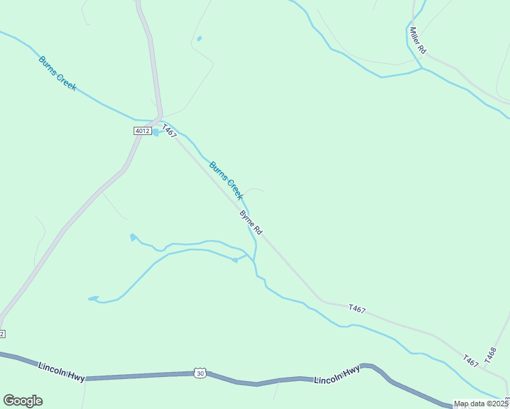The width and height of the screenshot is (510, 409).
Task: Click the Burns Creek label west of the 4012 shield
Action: [x=57, y=73]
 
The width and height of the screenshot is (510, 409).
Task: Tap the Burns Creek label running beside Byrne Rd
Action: [x=226, y=180]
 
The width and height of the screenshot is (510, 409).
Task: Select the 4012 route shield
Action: [x=142, y=131]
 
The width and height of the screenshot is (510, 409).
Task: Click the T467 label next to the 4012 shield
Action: [x=169, y=131]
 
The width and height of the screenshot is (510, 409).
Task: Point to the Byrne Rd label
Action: [x=250, y=223]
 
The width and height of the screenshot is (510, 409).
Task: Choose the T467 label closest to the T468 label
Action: [x=470, y=361]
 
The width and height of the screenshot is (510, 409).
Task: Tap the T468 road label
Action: [x=492, y=354]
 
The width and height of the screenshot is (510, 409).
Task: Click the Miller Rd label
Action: [x=417, y=41]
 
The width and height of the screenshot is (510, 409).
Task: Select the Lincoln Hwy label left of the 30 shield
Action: [x=61, y=372]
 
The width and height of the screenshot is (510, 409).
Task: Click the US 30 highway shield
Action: [x=199, y=373]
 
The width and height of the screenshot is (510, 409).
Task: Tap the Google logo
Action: [x=22, y=401]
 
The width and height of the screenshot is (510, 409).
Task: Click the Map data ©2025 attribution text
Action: [x=481, y=404]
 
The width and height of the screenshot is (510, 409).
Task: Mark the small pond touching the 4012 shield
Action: [x=157, y=132]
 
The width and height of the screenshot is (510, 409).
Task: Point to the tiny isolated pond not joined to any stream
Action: [x=199, y=38]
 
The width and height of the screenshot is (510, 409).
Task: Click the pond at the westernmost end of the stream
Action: [x=93, y=298]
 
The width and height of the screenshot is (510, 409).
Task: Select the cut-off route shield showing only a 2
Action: [x=2, y=333]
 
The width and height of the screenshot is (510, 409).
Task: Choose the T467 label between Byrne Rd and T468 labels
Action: [x=356, y=309]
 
